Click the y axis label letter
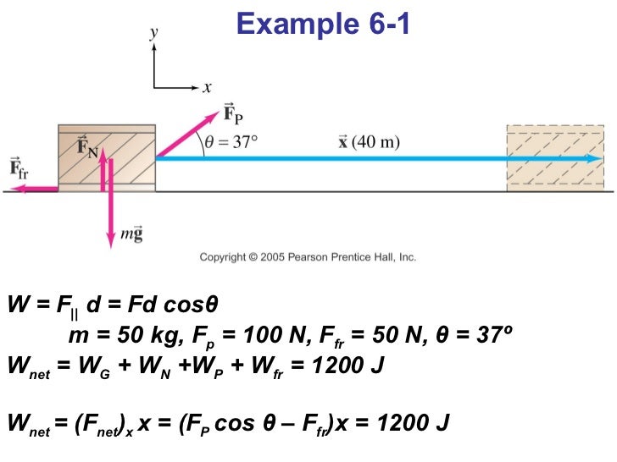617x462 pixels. tap(153, 32)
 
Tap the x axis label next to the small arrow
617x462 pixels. tap(207, 86)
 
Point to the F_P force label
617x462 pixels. tap(233, 113)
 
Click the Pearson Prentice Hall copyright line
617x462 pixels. tap(308, 257)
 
